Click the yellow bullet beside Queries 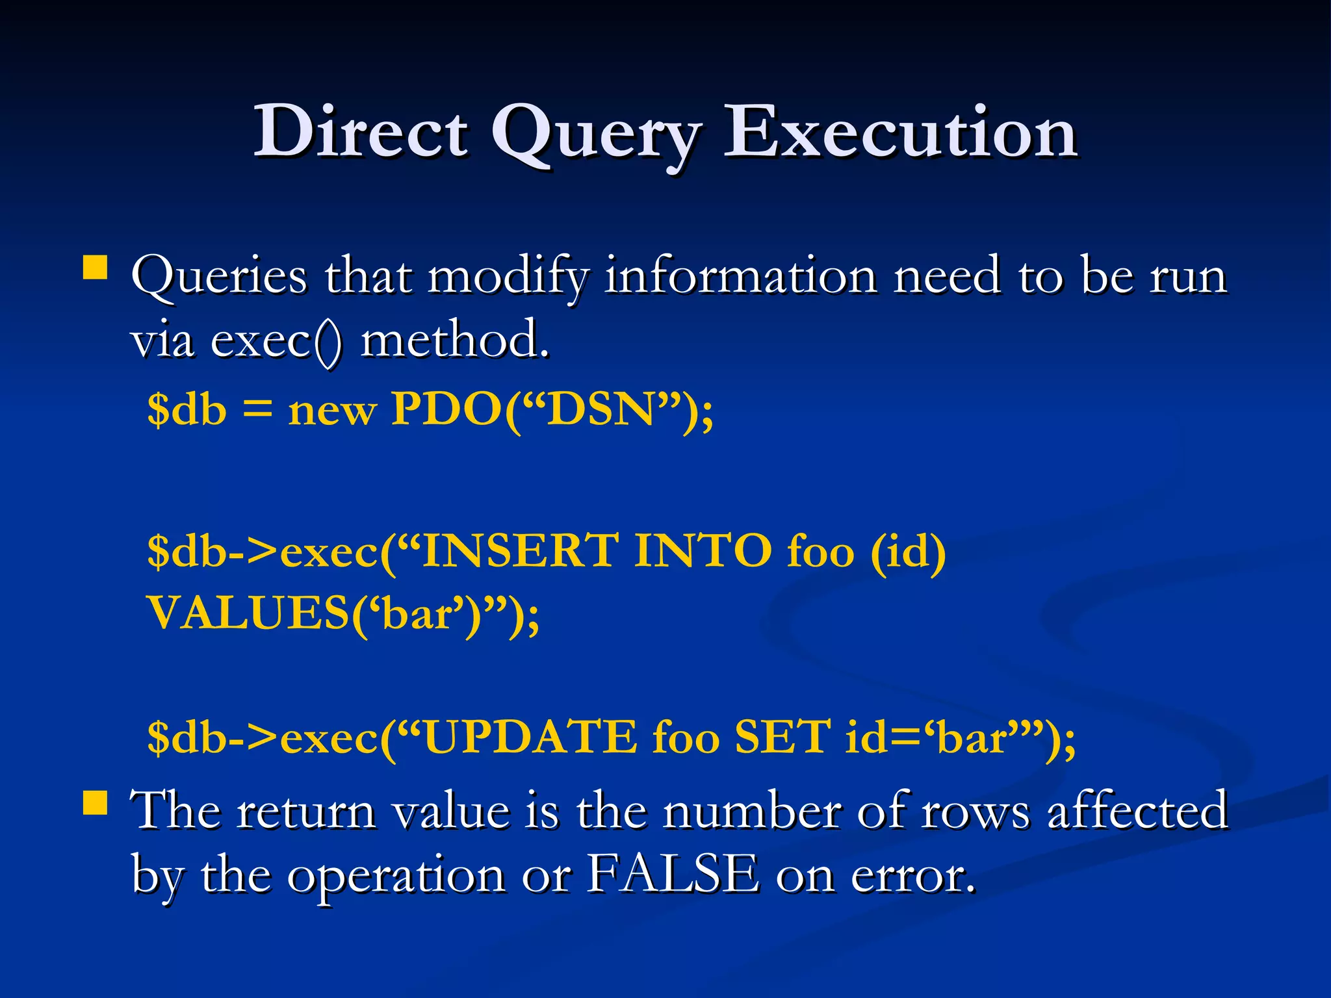(96, 267)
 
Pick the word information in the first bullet (740, 275)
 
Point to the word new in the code (332, 411)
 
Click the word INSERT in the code (520, 551)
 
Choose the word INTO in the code (703, 551)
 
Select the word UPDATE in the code (530, 737)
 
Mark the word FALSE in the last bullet (673, 874)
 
